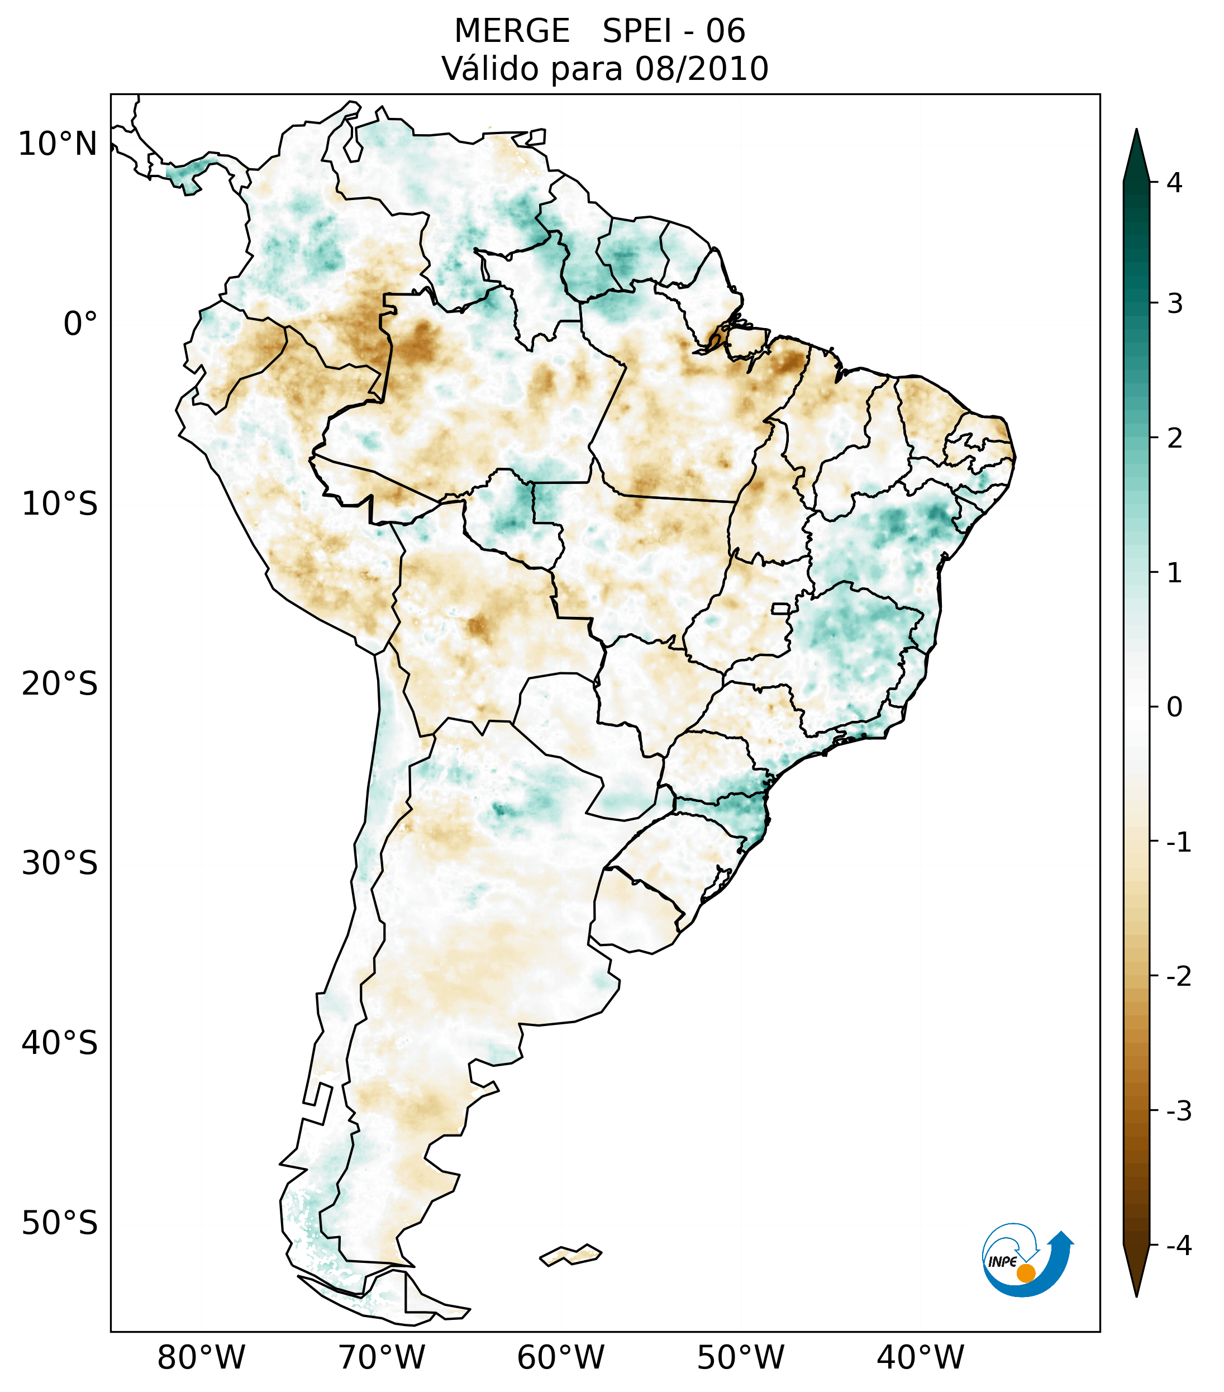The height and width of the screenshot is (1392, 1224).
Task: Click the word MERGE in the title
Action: coord(511,31)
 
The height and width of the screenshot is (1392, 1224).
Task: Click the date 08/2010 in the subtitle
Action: coord(701,69)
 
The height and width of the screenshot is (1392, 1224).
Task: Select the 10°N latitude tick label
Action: coord(58,144)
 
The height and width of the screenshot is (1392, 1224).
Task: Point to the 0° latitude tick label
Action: coord(80,324)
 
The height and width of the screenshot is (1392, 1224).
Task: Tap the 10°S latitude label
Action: coord(60,505)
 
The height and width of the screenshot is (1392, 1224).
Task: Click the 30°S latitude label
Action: coord(60,863)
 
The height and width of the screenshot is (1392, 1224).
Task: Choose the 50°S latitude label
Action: coord(60,1224)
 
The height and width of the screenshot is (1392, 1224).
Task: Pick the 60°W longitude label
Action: coord(560,1357)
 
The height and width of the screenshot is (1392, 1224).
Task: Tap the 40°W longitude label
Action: coord(921,1357)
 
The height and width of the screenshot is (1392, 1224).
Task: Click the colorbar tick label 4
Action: coord(1174,183)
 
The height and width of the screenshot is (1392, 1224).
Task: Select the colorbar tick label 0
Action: coord(1174,707)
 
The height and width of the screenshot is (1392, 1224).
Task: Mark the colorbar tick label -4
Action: coord(1178,1246)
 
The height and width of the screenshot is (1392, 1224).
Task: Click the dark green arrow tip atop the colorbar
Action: coord(1136,146)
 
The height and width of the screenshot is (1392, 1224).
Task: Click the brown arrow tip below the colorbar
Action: coord(1136,1280)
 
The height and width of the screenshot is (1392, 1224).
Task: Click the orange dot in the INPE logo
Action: coord(1026,1273)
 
